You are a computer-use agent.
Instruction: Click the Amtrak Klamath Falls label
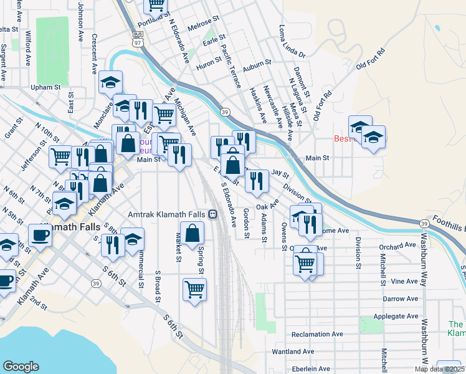pyautogui.click(x=167, y=214)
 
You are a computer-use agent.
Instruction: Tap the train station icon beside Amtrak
pyautogui.click(x=213, y=214)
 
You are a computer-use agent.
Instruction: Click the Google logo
pyautogui.click(x=21, y=367)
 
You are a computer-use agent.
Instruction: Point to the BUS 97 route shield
pyautogui.click(x=138, y=38)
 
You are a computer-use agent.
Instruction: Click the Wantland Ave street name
pyautogui.click(x=297, y=352)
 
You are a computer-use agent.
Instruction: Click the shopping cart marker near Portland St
pyautogui.click(x=156, y=5)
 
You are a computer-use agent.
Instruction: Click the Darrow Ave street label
pyautogui.click(x=400, y=299)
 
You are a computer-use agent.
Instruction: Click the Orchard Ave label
pyautogui.click(x=397, y=246)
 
